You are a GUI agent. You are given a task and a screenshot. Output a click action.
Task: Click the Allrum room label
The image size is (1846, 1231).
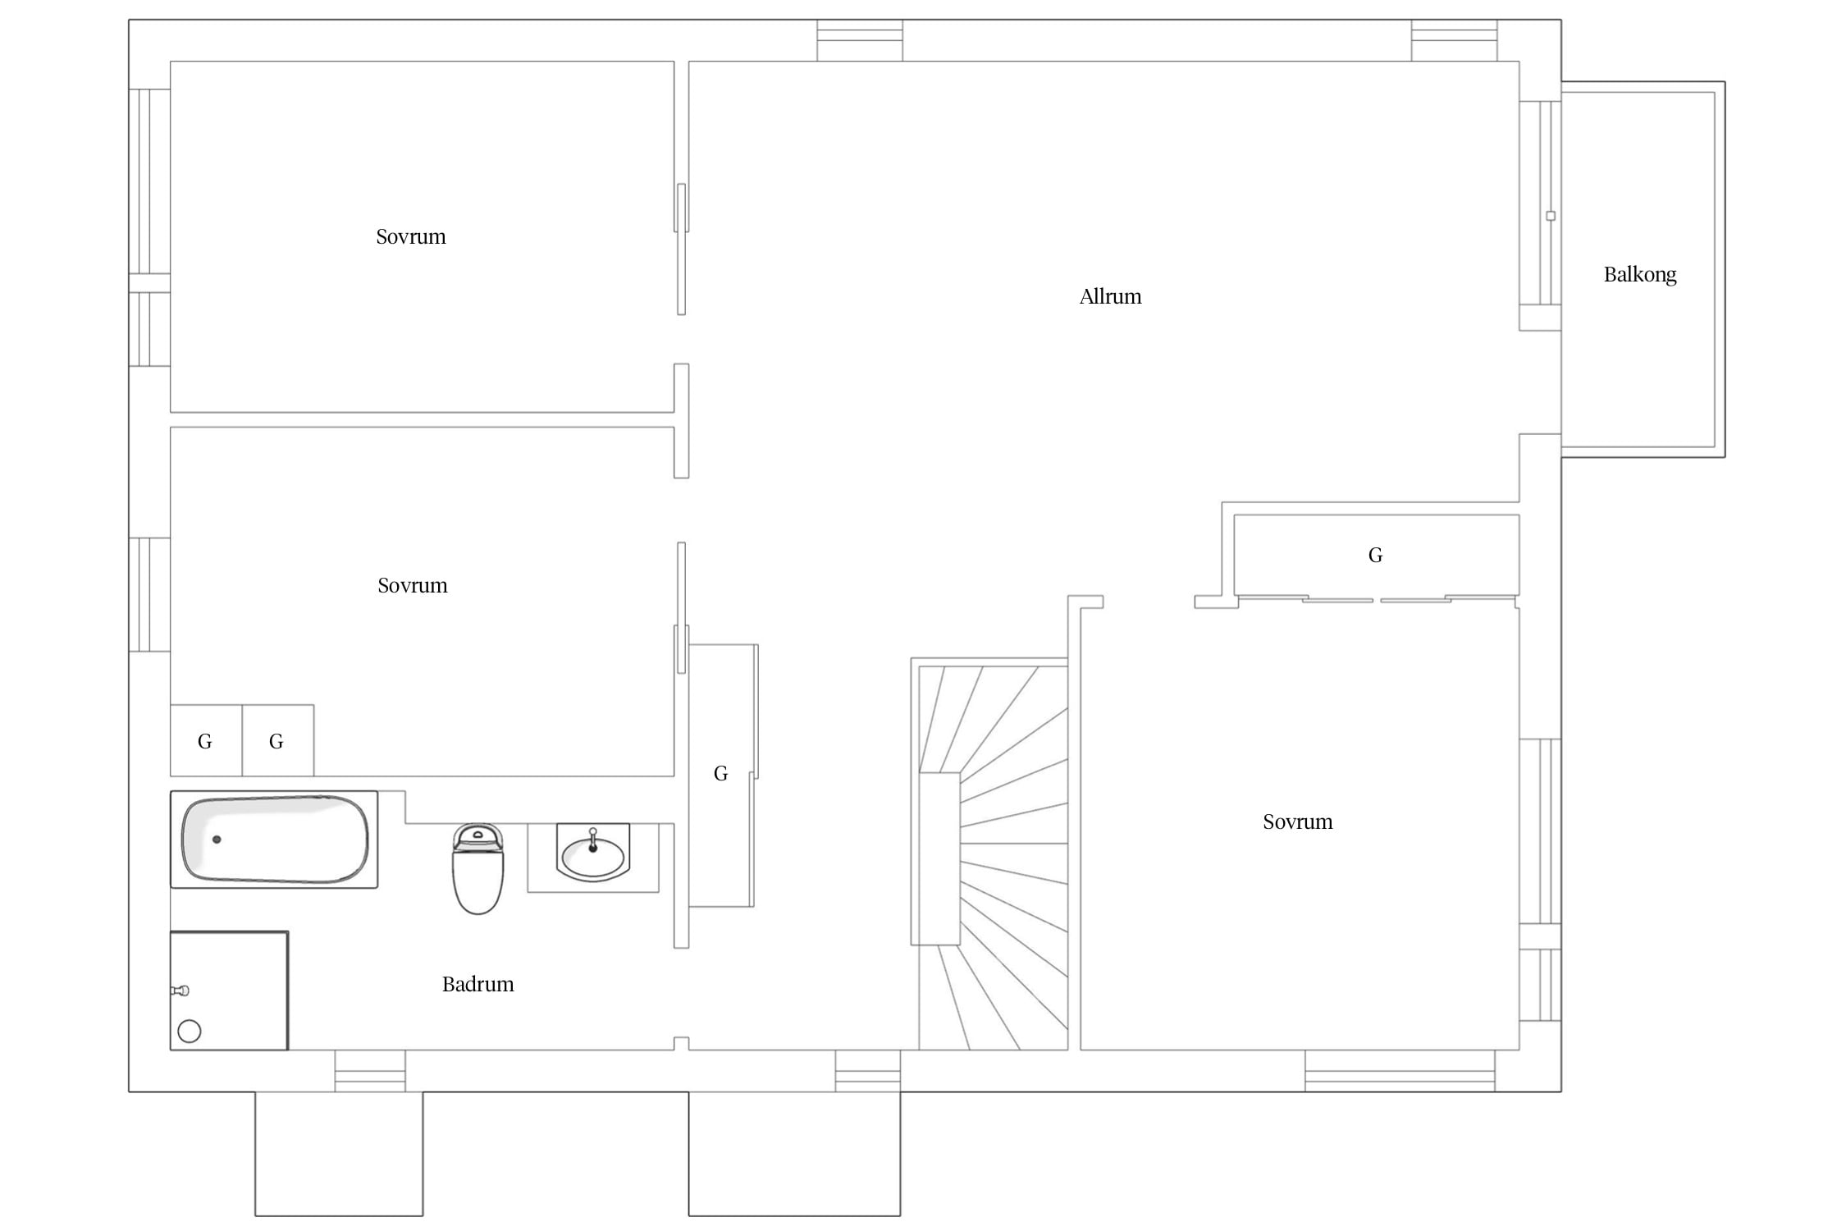pyautogui.click(x=1110, y=296)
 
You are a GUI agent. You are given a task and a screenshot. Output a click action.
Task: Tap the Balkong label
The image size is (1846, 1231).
pyautogui.click(x=1640, y=275)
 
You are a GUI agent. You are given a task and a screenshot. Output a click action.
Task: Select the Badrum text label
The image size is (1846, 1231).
pyautogui.click(x=478, y=984)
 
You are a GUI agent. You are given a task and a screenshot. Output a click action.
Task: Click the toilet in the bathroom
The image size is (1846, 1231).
pyautogui.click(x=478, y=869)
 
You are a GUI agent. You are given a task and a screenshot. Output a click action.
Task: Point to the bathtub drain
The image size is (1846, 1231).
pyautogui.click(x=217, y=840)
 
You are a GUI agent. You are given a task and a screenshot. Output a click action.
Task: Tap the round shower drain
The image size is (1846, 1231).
pyautogui.click(x=190, y=1031)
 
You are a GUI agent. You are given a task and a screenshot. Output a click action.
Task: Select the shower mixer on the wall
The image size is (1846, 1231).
pyautogui.click(x=180, y=991)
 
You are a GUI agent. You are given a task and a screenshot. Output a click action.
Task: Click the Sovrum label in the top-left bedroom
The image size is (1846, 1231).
pyautogui.click(x=411, y=236)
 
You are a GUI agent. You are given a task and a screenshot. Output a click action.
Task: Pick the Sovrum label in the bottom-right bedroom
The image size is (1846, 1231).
pyautogui.click(x=1298, y=821)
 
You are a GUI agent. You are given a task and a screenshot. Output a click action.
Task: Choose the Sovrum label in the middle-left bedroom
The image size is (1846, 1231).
pyautogui.click(x=413, y=585)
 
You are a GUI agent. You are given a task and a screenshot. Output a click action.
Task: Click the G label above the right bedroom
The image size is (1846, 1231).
pyautogui.click(x=1376, y=556)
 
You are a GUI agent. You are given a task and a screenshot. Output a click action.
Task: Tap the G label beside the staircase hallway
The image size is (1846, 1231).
pyautogui.click(x=721, y=774)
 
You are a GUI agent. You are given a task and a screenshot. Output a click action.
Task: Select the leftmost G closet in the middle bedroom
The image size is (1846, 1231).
pyautogui.click(x=206, y=740)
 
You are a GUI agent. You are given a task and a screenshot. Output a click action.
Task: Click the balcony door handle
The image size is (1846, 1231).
pyautogui.click(x=1551, y=216)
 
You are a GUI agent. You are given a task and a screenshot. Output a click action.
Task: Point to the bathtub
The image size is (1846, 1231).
pyautogui.click(x=274, y=839)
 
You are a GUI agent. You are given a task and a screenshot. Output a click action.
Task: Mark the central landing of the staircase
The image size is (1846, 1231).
pyautogui.click(x=939, y=858)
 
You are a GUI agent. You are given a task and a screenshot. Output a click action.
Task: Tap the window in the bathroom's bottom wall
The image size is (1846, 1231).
pyautogui.click(x=370, y=1071)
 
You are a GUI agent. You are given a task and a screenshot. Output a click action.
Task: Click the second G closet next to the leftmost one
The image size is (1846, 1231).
pyautogui.click(x=277, y=740)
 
